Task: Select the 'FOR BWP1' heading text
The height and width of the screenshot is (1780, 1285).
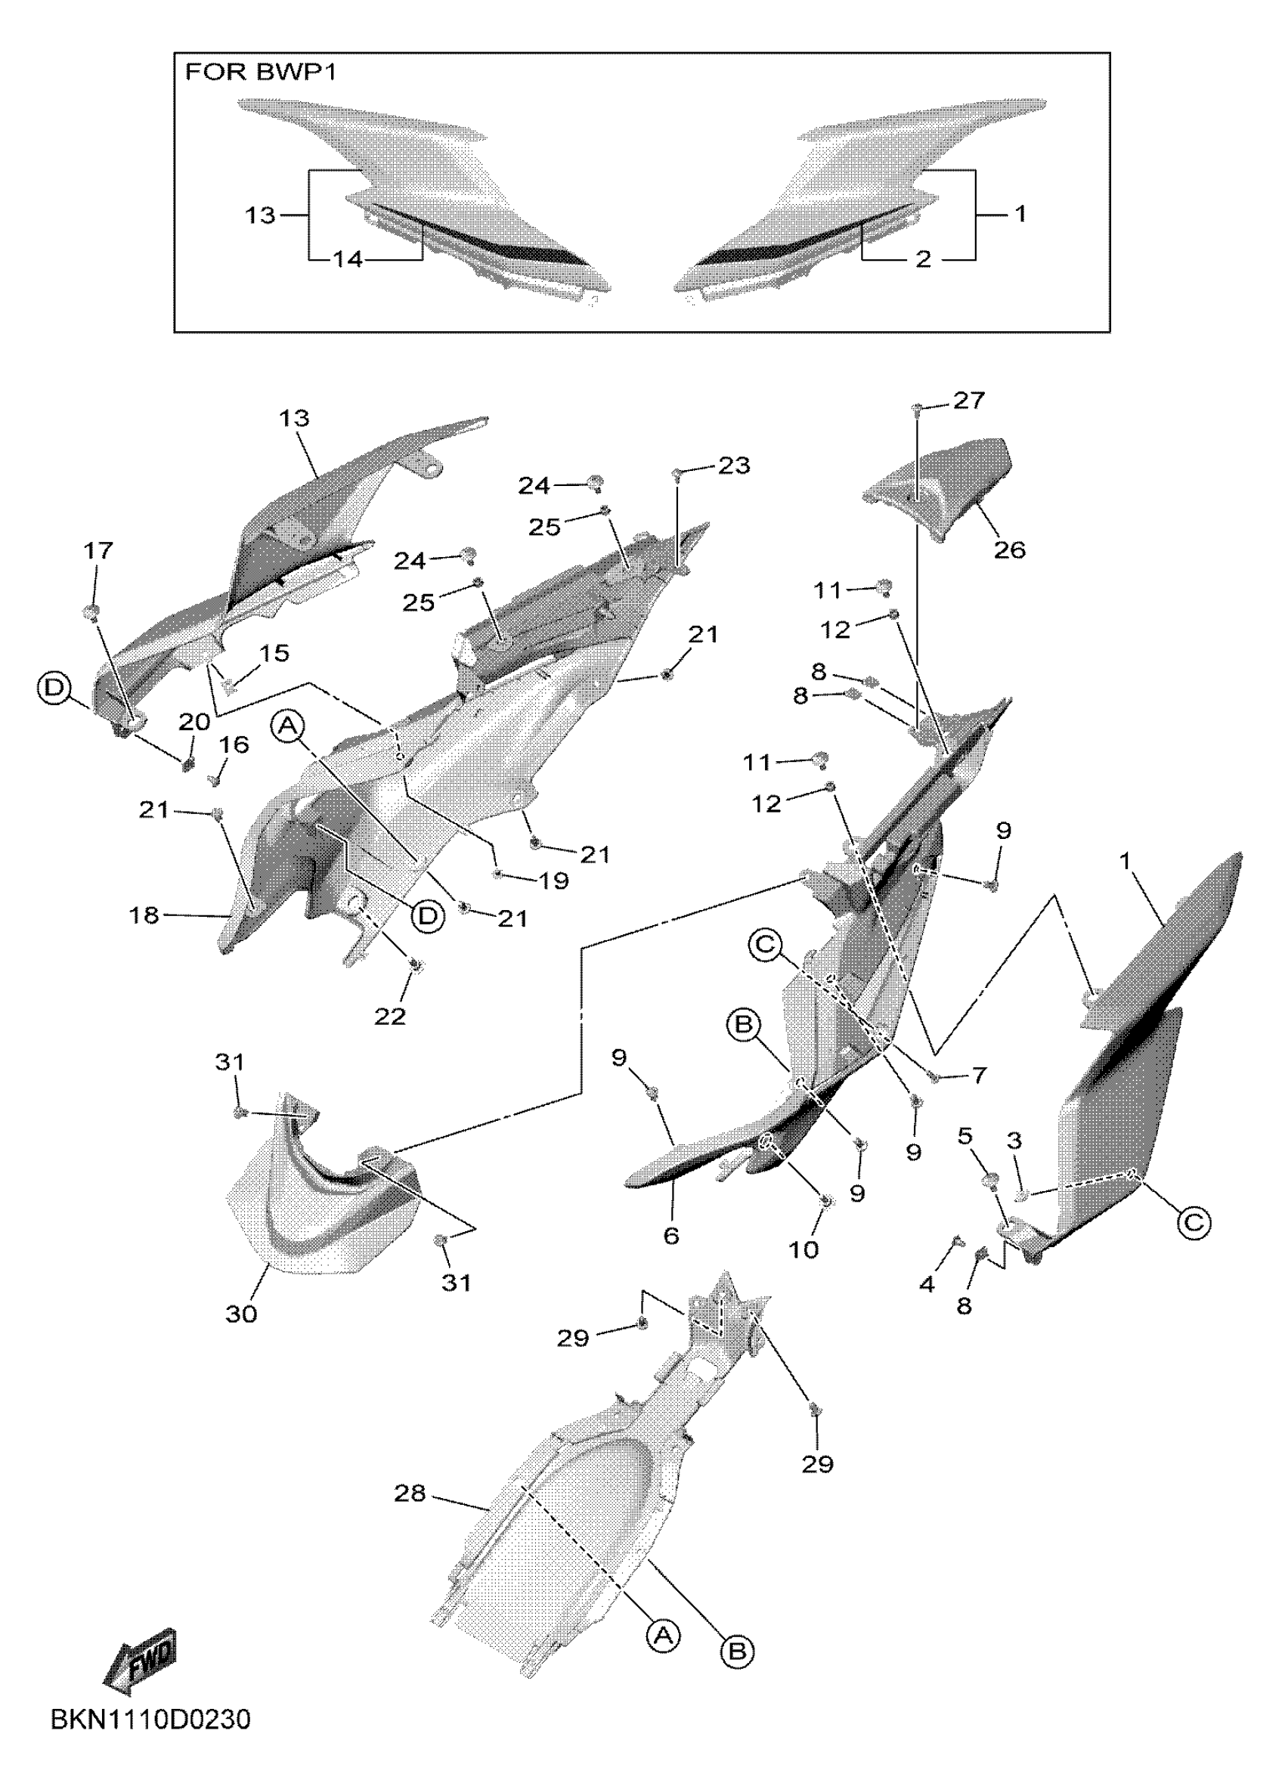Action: tap(261, 73)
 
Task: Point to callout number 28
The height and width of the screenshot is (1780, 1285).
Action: tap(410, 1494)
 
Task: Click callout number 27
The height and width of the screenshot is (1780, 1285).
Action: tap(968, 401)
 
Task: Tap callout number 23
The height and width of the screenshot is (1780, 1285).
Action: tap(734, 466)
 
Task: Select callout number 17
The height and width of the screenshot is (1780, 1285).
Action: tap(98, 551)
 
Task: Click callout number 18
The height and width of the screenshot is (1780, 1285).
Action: tap(144, 915)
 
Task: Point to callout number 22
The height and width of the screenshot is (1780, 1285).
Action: tap(390, 1017)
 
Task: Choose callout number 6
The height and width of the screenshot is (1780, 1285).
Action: tap(671, 1235)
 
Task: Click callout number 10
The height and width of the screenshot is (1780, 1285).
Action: tap(803, 1249)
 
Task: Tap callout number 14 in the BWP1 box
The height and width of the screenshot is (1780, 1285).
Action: tap(348, 259)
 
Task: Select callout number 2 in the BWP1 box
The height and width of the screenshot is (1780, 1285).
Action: tap(923, 259)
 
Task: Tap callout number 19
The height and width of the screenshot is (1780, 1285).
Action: tap(554, 881)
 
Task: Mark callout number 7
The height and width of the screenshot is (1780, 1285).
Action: tap(979, 1076)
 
